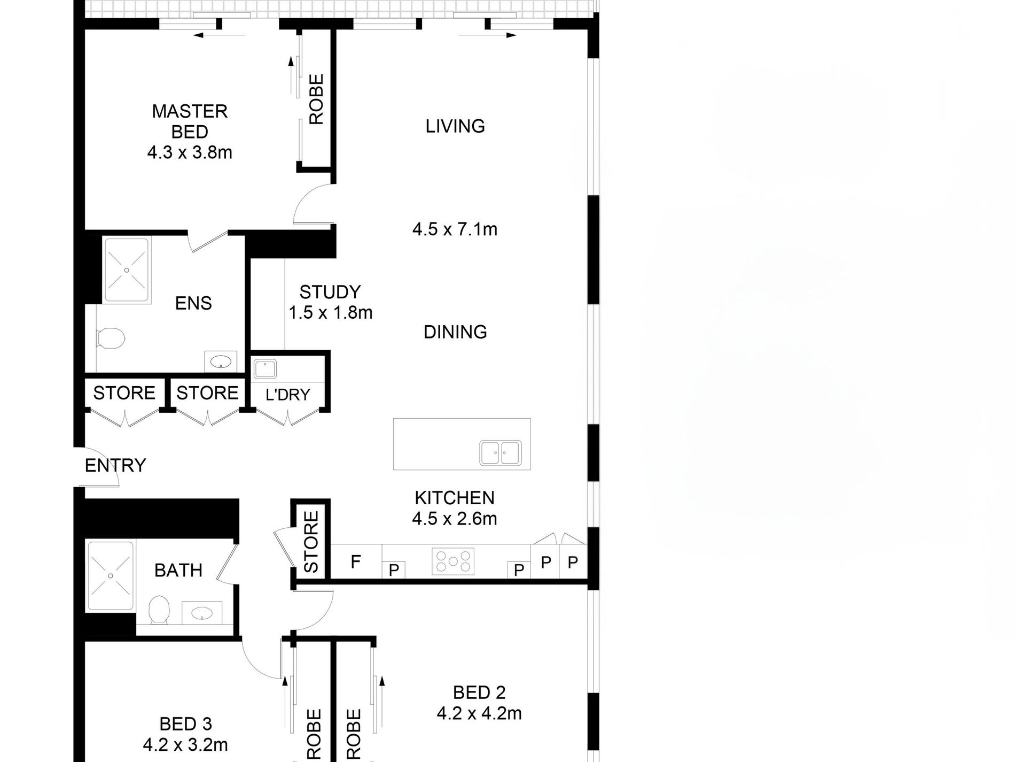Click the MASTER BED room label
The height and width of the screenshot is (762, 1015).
(190, 121)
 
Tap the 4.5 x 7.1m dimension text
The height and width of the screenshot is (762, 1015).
(455, 229)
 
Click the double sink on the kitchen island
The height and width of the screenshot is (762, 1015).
(500, 452)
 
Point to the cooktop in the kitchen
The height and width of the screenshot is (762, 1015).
(453, 561)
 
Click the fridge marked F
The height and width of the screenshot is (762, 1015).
(356, 561)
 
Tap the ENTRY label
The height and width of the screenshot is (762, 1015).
(115, 465)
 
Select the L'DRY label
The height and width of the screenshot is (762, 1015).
(287, 395)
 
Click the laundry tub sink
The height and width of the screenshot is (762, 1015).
(265, 369)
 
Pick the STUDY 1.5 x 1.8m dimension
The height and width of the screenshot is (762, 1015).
(331, 312)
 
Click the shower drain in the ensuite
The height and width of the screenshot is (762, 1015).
(127, 271)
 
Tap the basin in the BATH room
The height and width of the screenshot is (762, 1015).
(202, 613)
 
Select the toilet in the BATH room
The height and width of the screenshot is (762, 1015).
(159, 610)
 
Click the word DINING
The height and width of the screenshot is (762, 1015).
(455, 332)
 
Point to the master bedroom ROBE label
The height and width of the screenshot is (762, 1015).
(316, 99)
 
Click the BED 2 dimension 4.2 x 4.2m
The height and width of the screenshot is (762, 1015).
(479, 713)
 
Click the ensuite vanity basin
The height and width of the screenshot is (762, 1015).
(221, 363)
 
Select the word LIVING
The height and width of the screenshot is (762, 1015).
(455, 126)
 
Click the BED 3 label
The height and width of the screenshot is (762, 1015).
(185, 724)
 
